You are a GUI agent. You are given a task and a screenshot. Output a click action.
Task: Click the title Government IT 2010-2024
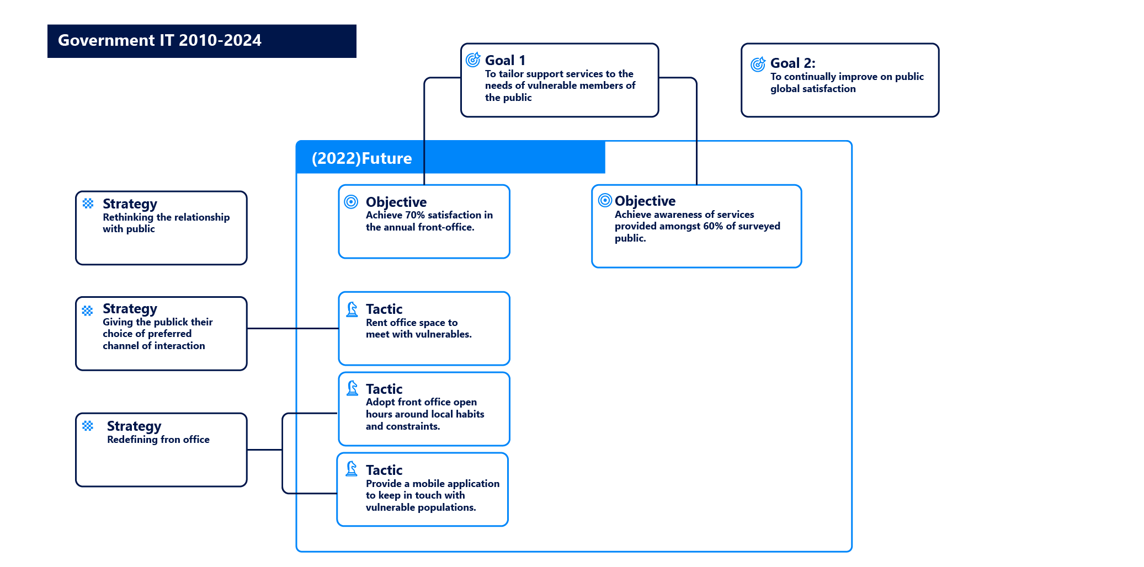(x=159, y=40)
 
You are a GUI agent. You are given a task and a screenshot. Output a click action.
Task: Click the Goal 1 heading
(x=505, y=60)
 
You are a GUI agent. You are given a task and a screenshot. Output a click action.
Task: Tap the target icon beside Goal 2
(x=758, y=65)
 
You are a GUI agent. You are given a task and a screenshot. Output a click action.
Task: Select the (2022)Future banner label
(x=361, y=158)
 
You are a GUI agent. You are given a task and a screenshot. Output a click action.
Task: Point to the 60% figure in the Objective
(x=712, y=226)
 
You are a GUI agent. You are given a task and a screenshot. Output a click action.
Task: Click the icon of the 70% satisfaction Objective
(x=351, y=202)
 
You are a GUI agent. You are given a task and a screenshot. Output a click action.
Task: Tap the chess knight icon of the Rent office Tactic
(x=352, y=309)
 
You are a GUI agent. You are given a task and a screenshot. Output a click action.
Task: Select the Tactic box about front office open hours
(x=424, y=409)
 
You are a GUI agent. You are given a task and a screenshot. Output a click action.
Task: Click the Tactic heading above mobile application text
(x=384, y=470)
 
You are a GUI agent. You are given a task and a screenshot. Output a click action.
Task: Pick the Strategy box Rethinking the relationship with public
(x=161, y=228)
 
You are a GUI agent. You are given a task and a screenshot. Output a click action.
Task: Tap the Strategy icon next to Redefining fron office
(x=88, y=426)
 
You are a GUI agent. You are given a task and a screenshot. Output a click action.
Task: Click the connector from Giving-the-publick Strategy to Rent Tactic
(x=292, y=328)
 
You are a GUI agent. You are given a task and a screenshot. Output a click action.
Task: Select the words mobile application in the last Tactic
(x=456, y=484)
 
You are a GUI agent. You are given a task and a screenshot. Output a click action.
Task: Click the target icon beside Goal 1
(x=473, y=60)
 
